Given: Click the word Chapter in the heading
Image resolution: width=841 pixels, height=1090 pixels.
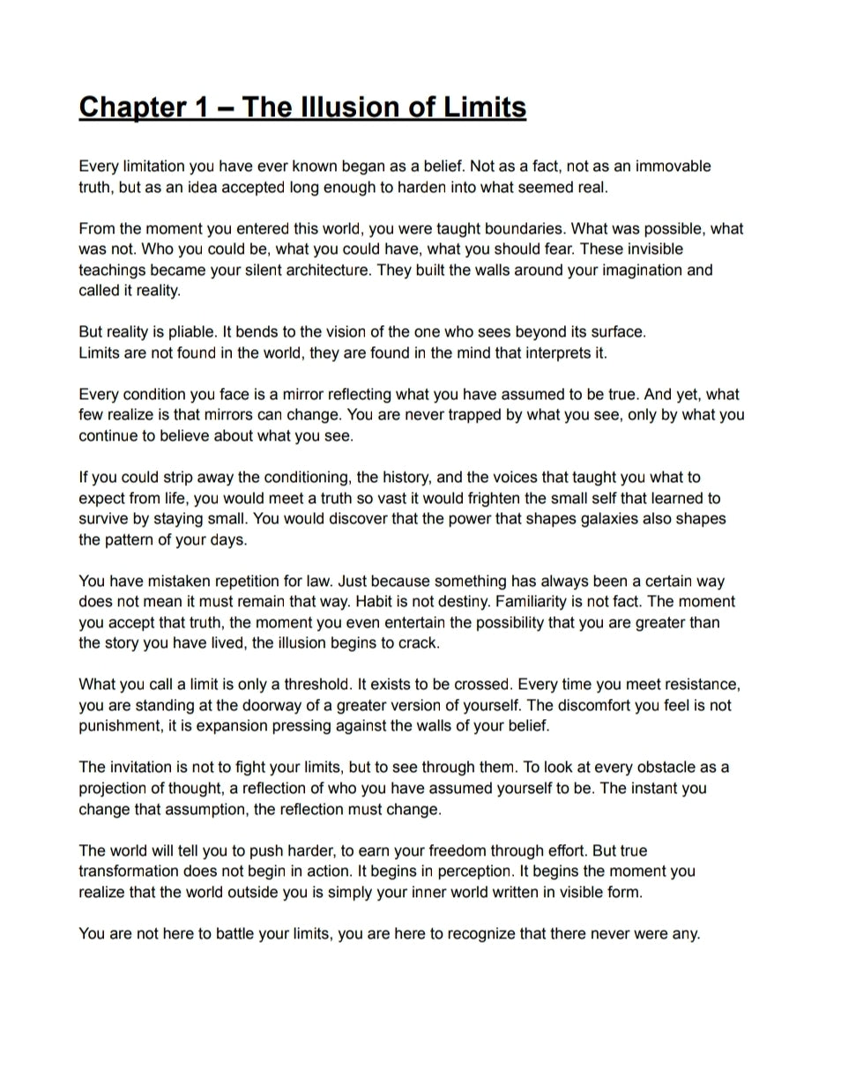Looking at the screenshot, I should click(131, 108).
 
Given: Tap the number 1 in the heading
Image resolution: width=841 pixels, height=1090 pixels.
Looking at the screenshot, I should click(198, 108).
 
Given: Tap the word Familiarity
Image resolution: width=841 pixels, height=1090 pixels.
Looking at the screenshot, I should click(536, 602).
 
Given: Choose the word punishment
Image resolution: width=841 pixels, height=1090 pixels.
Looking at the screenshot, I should click(119, 726).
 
